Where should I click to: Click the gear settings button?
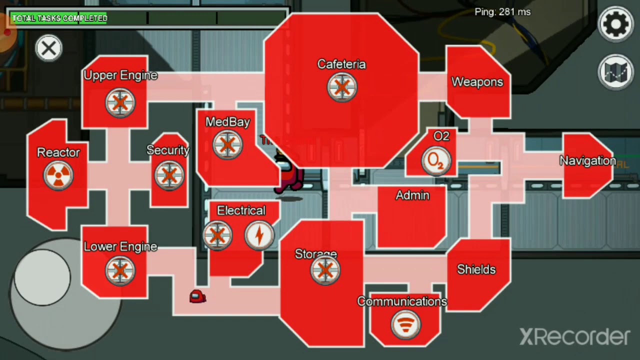[615, 24]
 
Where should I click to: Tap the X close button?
[48, 48]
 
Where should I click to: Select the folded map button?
[615, 71]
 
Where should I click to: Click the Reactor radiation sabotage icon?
[58, 175]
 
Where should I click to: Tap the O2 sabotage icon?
[436, 161]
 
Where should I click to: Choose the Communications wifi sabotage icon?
[405, 324]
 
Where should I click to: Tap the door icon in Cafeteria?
[342, 87]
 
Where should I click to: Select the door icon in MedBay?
[227, 145]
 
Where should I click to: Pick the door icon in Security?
[169, 175]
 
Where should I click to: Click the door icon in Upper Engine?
[120, 102]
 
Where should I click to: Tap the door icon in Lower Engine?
[120, 270]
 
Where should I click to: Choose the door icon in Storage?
[325, 270]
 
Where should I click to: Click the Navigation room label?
[587, 160]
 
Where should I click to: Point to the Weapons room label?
[477, 82]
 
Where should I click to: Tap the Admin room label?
[412, 195]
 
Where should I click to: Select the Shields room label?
[476, 269]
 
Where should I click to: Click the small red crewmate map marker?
[197, 296]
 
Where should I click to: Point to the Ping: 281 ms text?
[502, 12]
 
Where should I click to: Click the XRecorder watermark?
[575, 337]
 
